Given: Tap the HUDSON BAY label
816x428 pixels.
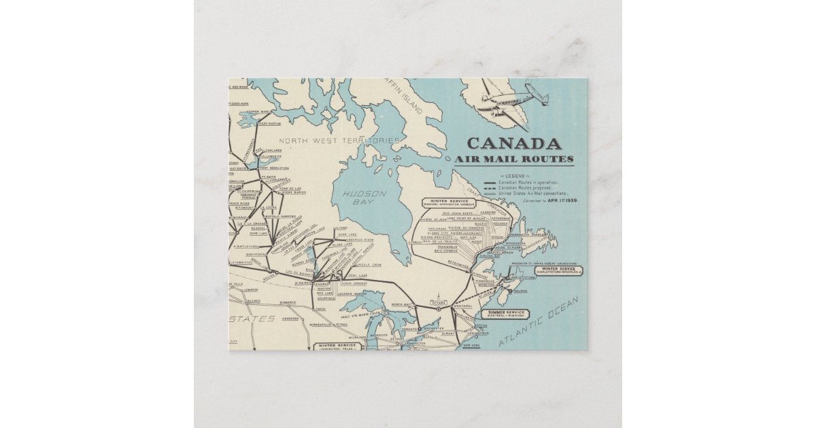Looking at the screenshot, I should click(364, 198).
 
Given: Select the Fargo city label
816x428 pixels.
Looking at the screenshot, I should click(320, 309).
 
